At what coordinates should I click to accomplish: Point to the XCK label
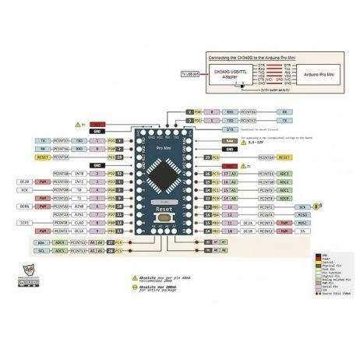tap(26, 188)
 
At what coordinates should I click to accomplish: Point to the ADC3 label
tap(285, 173)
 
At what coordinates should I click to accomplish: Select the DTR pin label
tap(208, 129)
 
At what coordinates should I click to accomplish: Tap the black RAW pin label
tap(208, 140)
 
